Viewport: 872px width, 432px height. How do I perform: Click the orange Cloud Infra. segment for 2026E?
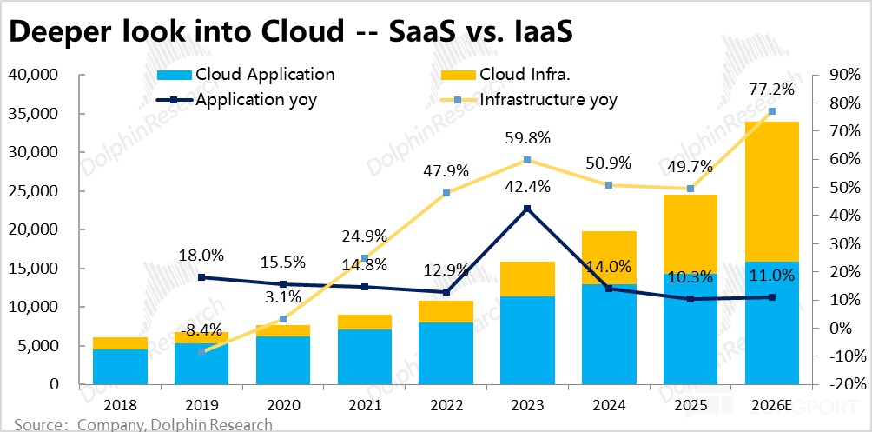coord(772,191)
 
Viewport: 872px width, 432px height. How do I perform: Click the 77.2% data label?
coord(772,90)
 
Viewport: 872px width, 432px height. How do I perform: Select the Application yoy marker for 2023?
coord(525,209)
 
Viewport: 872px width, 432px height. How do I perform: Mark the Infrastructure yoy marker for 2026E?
coord(772,111)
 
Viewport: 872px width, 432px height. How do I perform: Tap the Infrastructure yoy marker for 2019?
coord(201,351)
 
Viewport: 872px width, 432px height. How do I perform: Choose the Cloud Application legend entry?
coord(247,75)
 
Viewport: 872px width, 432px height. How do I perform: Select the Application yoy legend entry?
coord(238,99)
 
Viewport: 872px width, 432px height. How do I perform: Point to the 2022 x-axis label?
coord(446,405)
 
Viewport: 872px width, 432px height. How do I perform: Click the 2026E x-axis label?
coord(772,405)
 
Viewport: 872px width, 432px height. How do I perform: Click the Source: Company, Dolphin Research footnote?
coord(143,424)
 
